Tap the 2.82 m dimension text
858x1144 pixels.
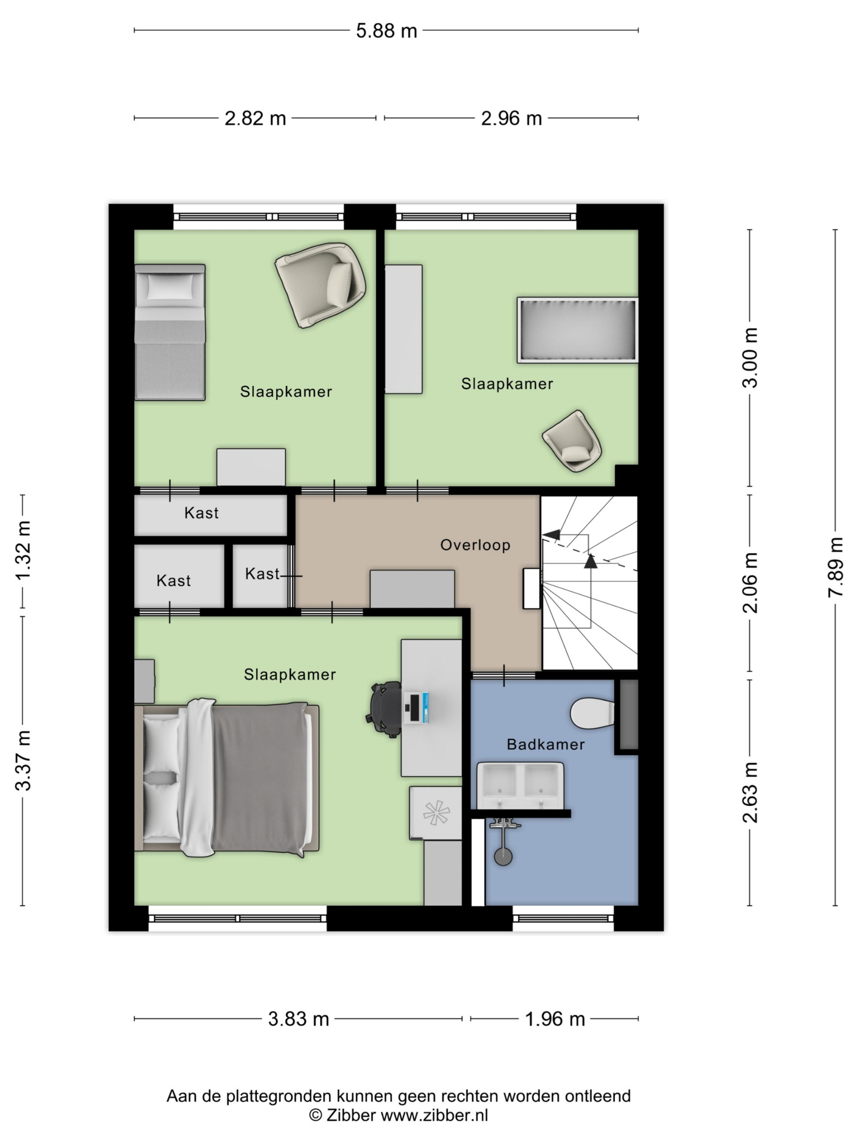click(x=255, y=118)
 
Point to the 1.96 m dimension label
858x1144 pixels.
click(x=555, y=1019)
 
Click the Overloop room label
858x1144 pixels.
click(x=475, y=545)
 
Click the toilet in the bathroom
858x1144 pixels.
click(x=592, y=714)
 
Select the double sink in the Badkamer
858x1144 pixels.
click(x=520, y=785)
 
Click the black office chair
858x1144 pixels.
click(x=385, y=709)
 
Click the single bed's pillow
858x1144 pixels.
click(x=170, y=287)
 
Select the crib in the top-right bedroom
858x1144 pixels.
click(x=577, y=330)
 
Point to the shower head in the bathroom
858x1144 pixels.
click(x=503, y=856)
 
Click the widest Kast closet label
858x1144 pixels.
click(x=201, y=513)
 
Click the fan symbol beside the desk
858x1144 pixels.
click(x=436, y=812)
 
